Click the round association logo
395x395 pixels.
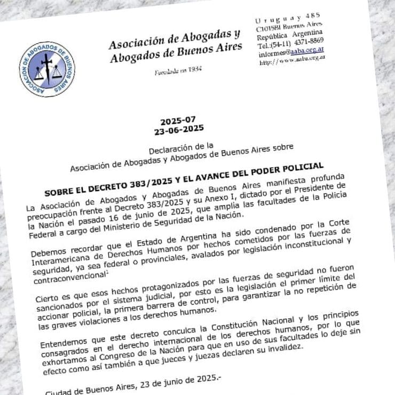[46, 68]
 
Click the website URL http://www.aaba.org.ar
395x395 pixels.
[293, 61]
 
